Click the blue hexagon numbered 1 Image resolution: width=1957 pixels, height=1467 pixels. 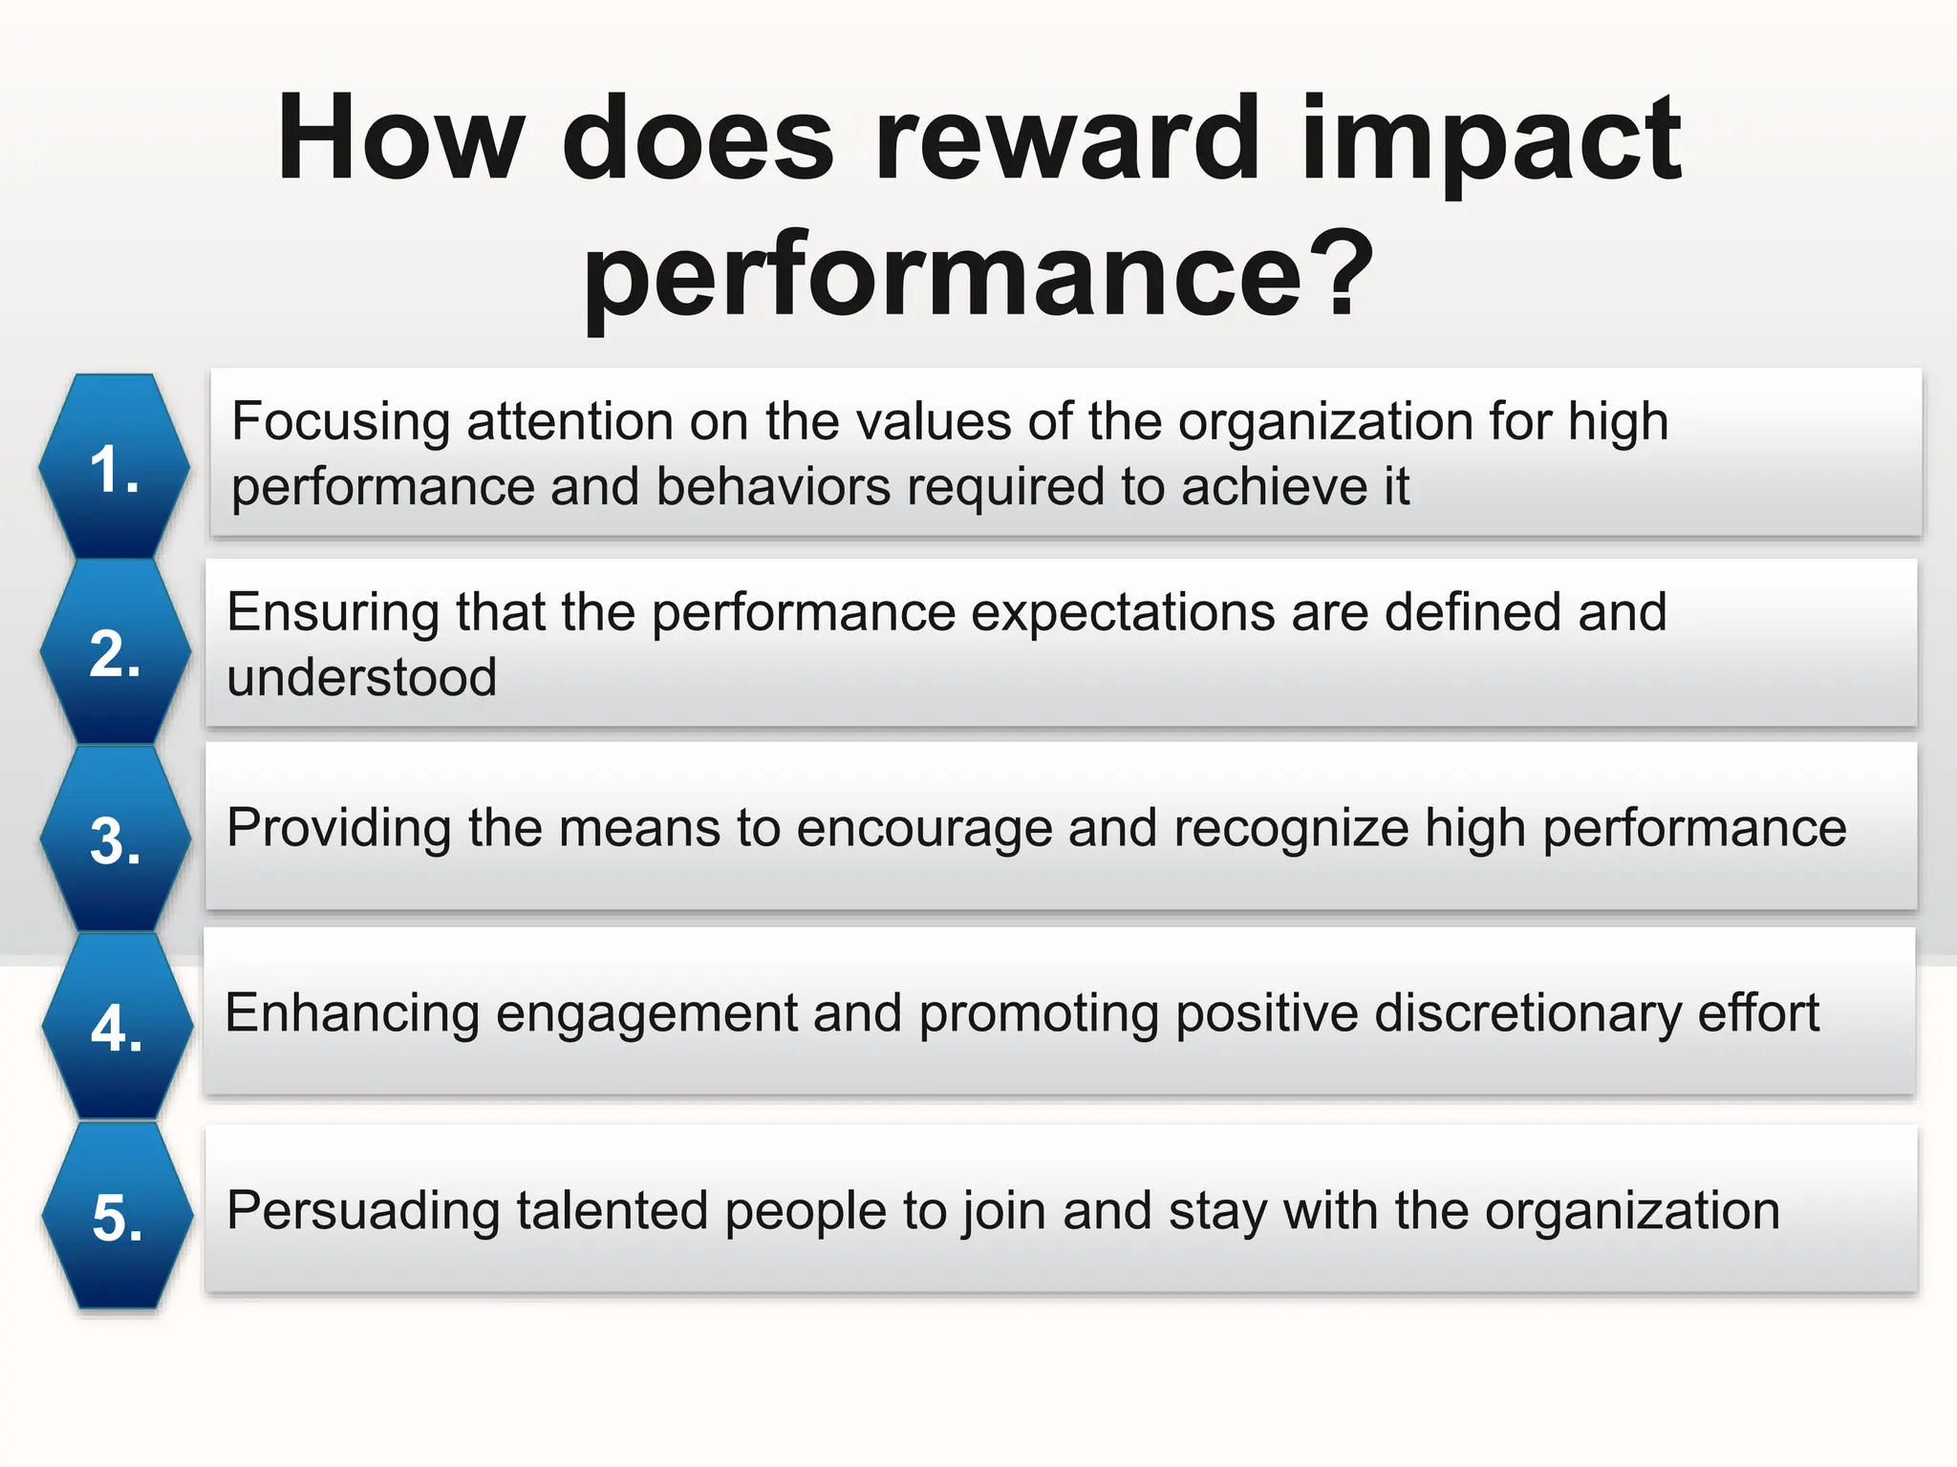(115, 467)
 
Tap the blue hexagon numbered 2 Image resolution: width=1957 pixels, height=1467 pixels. (116, 652)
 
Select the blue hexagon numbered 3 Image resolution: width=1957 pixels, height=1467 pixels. (116, 840)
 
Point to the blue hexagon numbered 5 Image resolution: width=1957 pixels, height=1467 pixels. (118, 1215)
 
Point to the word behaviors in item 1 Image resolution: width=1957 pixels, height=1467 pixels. (773, 487)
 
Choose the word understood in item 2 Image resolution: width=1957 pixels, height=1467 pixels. (361, 677)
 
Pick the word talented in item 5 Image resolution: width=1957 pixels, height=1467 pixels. (612, 1211)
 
